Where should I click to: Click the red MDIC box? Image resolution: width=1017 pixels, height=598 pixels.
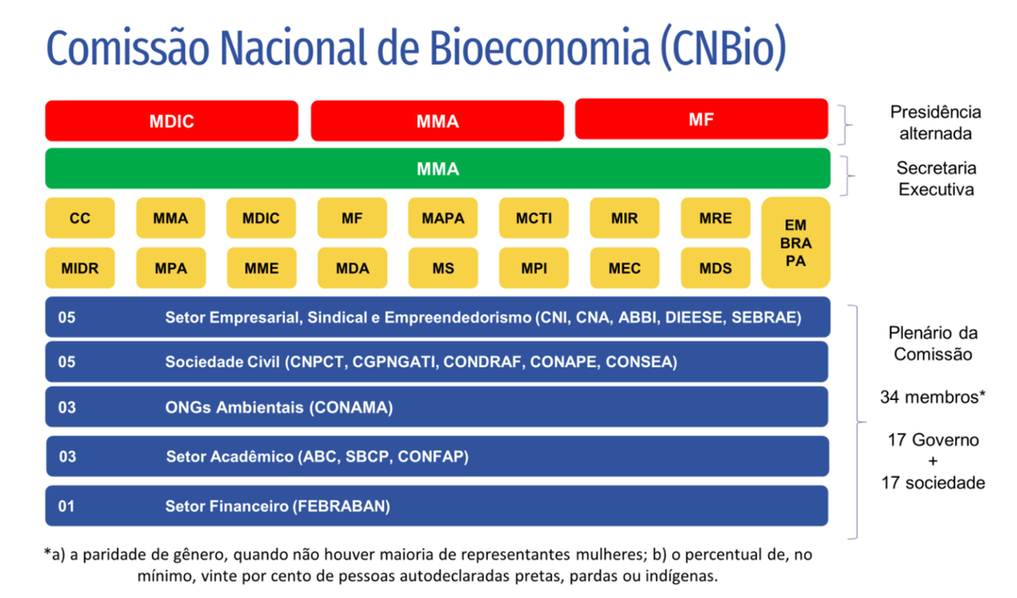click(x=172, y=121)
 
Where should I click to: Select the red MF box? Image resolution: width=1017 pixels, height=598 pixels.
click(x=701, y=119)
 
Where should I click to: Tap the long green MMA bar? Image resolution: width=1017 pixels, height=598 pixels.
click(x=438, y=169)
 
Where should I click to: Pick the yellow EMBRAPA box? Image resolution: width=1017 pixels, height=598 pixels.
click(x=795, y=242)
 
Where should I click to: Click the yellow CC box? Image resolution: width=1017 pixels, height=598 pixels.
click(x=80, y=218)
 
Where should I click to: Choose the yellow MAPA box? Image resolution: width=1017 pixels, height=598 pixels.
click(x=443, y=218)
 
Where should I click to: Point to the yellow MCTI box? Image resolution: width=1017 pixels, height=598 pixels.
click(x=533, y=218)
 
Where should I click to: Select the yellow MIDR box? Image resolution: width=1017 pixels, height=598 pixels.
click(x=80, y=268)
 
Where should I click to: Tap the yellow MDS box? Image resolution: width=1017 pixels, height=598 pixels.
click(x=715, y=268)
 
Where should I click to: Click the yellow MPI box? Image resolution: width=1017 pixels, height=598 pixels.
click(x=533, y=268)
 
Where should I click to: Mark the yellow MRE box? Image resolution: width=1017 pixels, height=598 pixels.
click(x=715, y=218)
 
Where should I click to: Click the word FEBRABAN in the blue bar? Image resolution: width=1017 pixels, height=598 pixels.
click(x=340, y=506)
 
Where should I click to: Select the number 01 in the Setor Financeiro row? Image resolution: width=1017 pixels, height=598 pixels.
click(x=67, y=506)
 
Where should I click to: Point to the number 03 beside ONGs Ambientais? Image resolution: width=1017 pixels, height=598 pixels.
click(x=67, y=407)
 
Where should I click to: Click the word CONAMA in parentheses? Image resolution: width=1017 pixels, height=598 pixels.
click(x=350, y=407)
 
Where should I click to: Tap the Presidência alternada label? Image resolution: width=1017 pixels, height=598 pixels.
click(x=935, y=123)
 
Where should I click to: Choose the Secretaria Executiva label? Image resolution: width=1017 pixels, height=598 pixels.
click(x=935, y=179)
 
